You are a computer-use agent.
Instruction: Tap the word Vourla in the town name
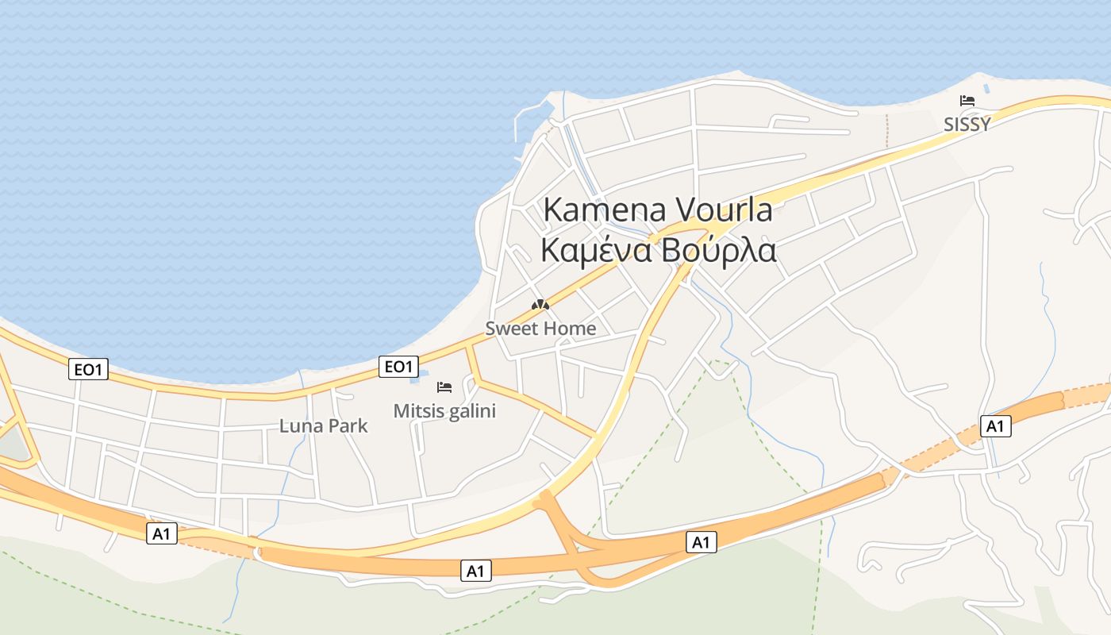point(725,210)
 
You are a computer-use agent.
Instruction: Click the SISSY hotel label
point(967,125)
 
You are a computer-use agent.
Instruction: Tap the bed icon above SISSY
point(967,101)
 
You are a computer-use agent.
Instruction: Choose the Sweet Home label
point(540,328)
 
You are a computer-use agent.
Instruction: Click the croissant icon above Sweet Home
point(540,305)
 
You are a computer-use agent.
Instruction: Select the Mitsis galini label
point(444,410)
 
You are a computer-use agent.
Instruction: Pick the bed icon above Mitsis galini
point(444,387)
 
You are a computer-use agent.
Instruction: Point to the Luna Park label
point(324,425)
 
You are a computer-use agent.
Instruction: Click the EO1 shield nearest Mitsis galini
point(398,366)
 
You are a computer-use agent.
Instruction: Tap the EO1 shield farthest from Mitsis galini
point(88,369)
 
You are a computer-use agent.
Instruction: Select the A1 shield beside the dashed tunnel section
point(995,426)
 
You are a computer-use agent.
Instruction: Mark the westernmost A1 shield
point(162,534)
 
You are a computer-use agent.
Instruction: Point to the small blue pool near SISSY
point(986,88)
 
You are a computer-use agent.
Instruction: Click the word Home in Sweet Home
point(570,328)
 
